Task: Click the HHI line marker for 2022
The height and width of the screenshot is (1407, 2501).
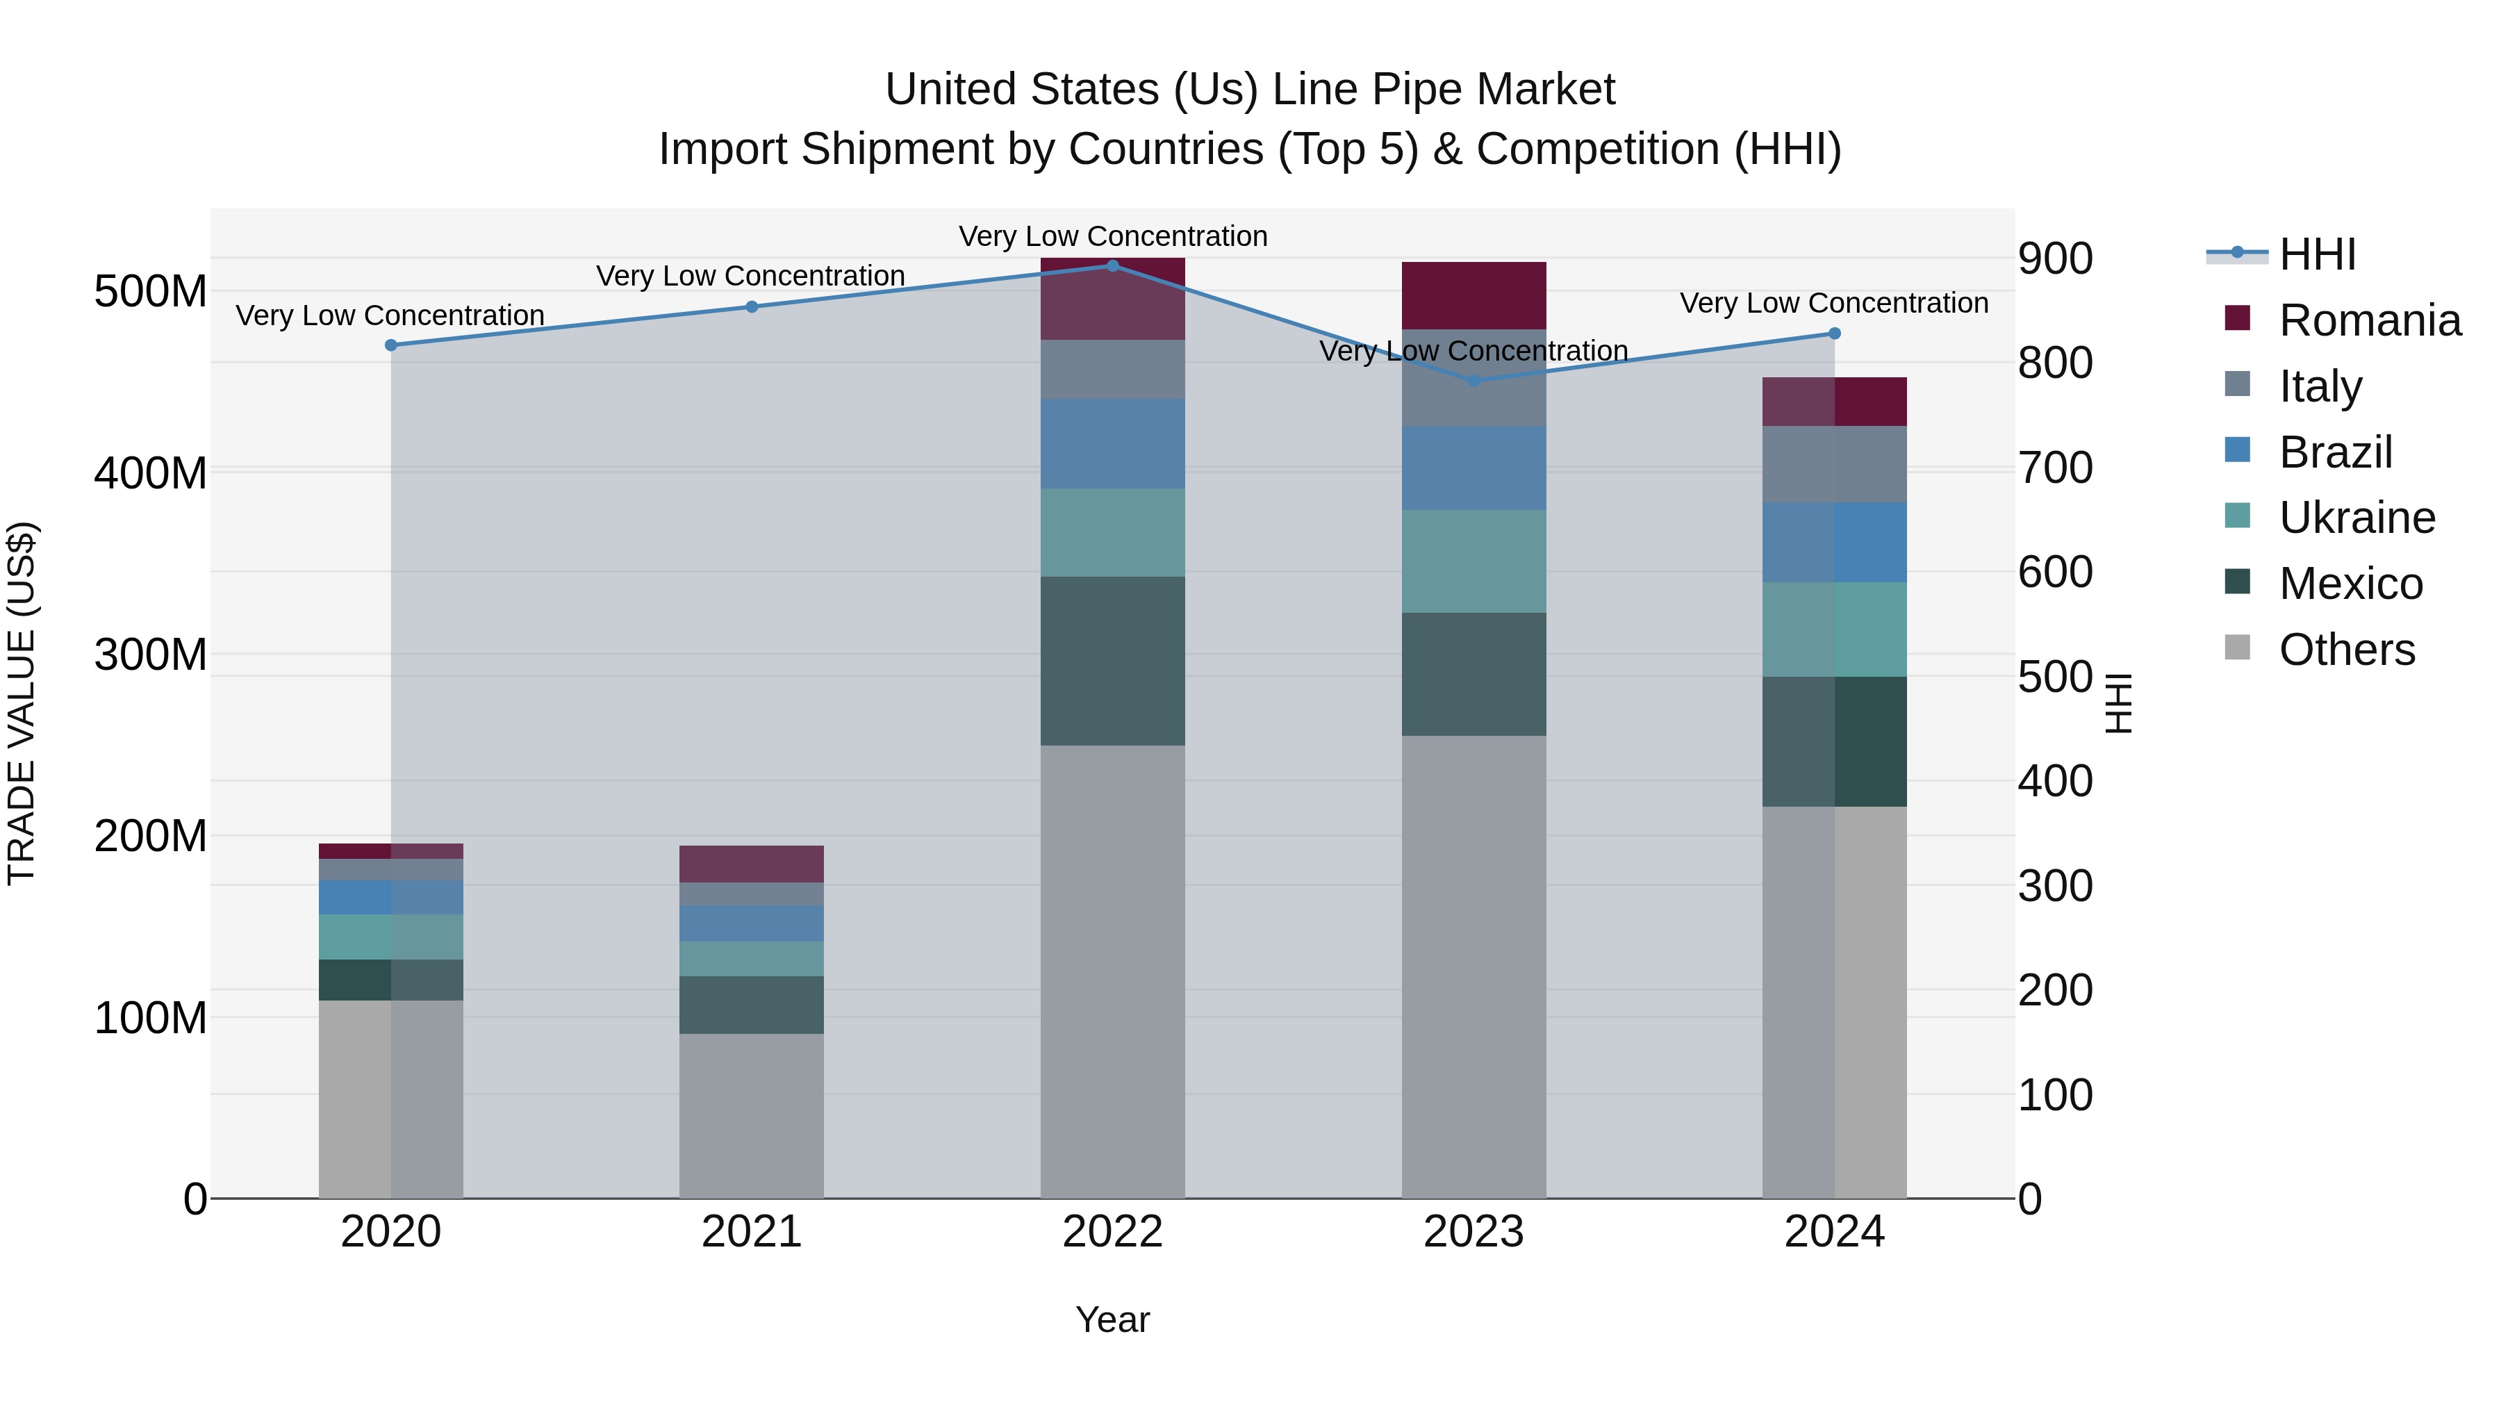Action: click(1113, 266)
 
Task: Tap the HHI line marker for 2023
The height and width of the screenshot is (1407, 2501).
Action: click(1474, 381)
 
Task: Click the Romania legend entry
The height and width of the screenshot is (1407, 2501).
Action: click(2369, 320)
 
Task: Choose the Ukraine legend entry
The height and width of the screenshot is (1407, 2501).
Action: click(2356, 518)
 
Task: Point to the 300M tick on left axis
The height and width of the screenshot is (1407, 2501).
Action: click(151, 655)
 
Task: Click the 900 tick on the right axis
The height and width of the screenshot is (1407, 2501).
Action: click(2054, 258)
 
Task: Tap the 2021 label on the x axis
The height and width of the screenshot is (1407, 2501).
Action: click(752, 1232)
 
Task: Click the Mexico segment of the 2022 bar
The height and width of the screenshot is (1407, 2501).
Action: click(1113, 661)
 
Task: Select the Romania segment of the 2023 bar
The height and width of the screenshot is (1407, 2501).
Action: click(1474, 296)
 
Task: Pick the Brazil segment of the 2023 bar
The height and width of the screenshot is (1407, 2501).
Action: click(1474, 468)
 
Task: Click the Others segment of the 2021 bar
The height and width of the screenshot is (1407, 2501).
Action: click(752, 1116)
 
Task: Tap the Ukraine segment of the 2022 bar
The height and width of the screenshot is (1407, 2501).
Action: click(1113, 532)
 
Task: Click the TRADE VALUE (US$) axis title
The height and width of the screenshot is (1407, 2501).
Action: click(22, 703)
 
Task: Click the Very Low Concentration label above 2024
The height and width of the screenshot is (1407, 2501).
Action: click(1834, 303)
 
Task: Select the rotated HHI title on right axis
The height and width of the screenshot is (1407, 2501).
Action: click(2120, 703)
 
